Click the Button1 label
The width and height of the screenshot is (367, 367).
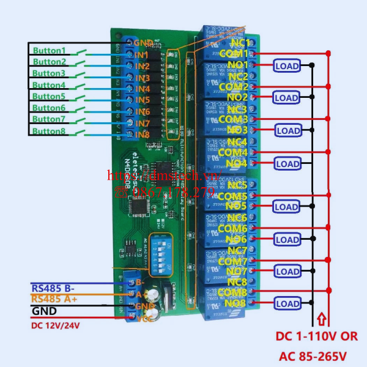click(49, 50)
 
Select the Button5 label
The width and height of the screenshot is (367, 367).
click(49, 97)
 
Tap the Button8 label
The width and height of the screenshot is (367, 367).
click(49, 131)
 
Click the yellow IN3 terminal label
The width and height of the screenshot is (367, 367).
click(143, 78)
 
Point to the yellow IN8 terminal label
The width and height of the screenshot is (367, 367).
click(143, 134)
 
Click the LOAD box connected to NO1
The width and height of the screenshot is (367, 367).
click(287, 65)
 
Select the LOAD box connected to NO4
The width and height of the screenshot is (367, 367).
click(287, 163)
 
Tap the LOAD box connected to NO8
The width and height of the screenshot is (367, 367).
click(287, 303)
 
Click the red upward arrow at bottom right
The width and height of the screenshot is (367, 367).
click(328, 318)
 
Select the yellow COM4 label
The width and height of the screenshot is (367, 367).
click(233, 152)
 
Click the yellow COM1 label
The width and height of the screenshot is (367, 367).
click(233, 54)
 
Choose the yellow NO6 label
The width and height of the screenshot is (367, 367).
click(236, 239)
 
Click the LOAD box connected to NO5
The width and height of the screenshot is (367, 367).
click(287, 207)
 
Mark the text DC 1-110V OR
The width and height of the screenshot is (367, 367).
click(316, 336)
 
